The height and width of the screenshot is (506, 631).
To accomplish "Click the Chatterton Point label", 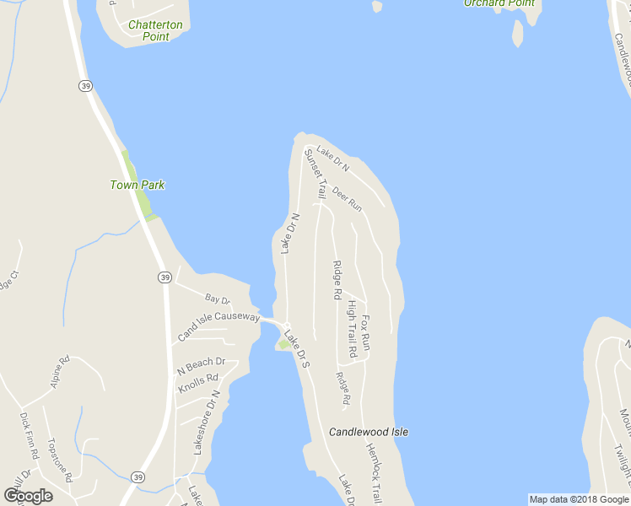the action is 155,30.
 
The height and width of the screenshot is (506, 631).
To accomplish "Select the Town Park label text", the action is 137,185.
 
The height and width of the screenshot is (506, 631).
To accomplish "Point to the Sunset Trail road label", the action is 315,174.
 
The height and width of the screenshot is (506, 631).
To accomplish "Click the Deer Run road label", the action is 347,200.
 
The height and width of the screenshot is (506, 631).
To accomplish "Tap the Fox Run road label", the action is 366,332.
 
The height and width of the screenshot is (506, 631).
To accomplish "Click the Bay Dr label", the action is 217,299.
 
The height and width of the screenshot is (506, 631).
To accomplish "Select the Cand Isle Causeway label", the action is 218,326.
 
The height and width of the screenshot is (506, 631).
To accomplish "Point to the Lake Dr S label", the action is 298,350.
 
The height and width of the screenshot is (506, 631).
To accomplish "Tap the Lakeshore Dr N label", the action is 207,423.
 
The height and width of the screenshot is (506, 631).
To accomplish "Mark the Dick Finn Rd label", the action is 29,435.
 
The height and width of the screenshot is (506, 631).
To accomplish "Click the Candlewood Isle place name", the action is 369,432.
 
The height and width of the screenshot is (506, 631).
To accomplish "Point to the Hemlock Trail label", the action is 375,473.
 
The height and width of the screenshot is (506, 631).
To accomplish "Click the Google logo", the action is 28,495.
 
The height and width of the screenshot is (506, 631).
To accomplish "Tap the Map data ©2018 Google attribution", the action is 579,499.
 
